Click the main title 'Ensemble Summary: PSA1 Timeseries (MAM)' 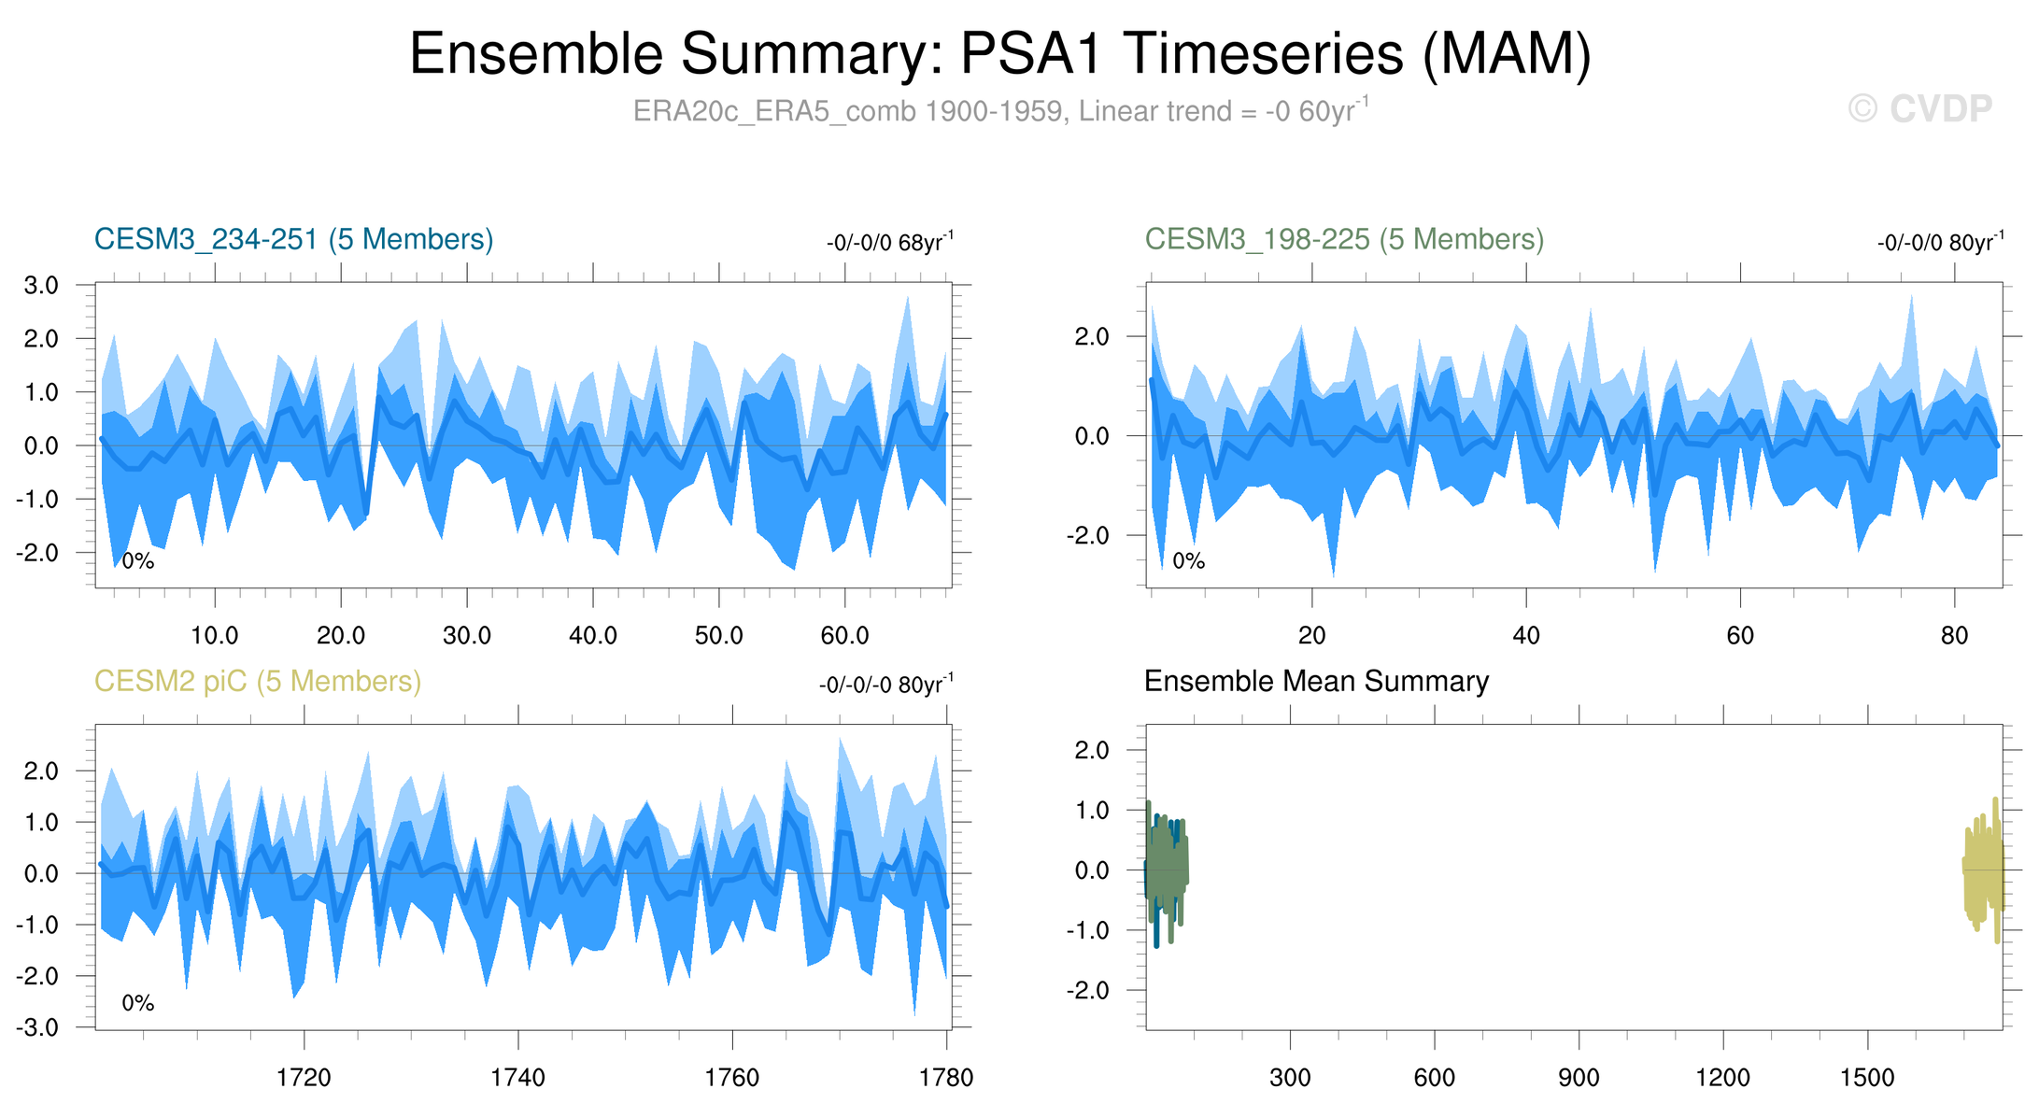tap(999, 53)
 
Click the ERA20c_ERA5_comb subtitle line tap(999, 111)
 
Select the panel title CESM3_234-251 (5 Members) tap(293, 239)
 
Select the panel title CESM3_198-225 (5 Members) tap(1344, 239)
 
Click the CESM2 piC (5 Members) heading tap(258, 681)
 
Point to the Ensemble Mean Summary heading tap(1316, 681)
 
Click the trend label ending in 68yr tap(889, 243)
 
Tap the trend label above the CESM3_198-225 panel tap(1940, 243)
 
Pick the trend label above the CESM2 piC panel tap(885, 685)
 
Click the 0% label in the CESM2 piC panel tap(138, 1003)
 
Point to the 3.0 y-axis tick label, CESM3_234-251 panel tap(41, 285)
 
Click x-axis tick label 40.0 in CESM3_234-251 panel tap(593, 636)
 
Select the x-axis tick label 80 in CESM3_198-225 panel tap(1954, 636)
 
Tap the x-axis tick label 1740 tap(517, 1078)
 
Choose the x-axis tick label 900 tap(1579, 1078)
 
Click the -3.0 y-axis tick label tap(37, 1027)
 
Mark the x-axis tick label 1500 tap(1867, 1078)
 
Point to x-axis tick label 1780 tap(947, 1078)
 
